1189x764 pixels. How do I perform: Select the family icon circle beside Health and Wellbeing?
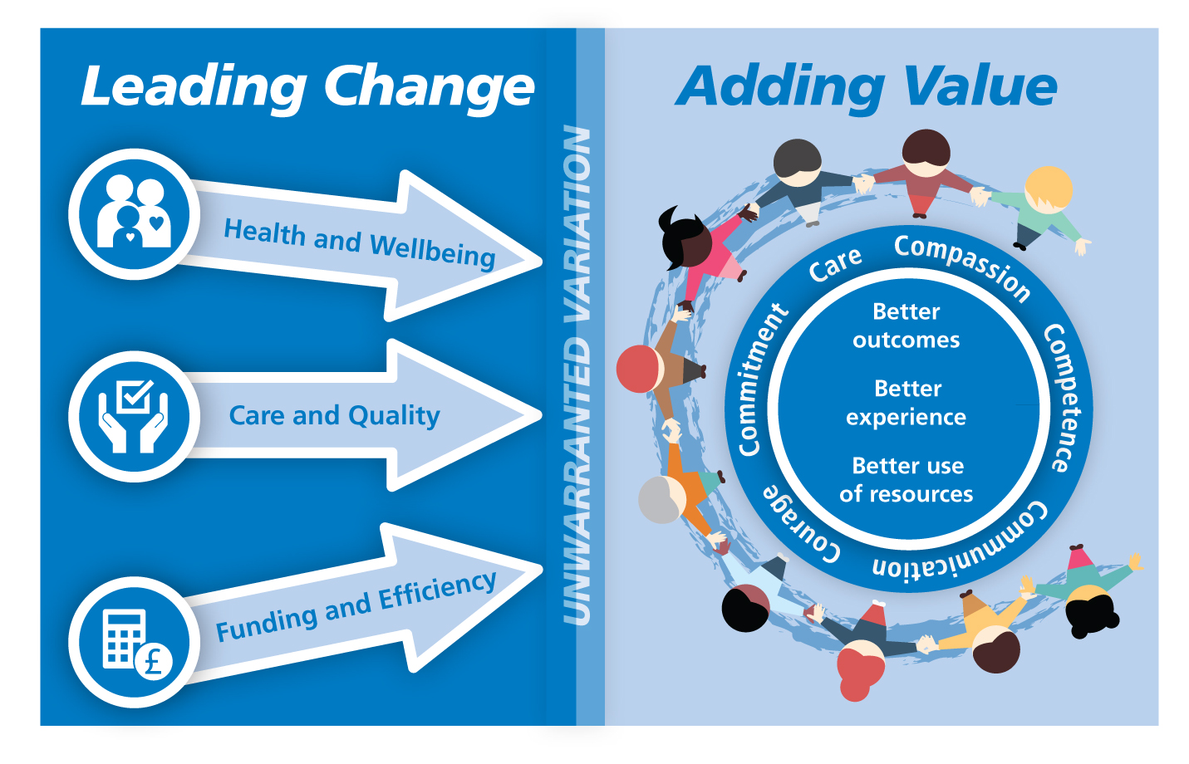click(x=135, y=213)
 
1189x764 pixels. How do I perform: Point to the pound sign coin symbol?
click(x=154, y=662)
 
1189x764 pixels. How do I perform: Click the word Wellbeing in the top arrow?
click(x=433, y=252)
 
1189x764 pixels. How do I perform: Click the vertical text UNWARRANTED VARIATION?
click(x=577, y=375)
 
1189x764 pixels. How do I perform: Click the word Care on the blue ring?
click(x=835, y=264)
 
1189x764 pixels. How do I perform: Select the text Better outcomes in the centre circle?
click(x=906, y=326)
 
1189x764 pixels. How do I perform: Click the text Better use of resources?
click(x=906, y=480)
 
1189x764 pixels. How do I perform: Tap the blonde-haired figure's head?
click(x=1049, y=189)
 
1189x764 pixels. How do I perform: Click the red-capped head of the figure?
click(x=638, y=369)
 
